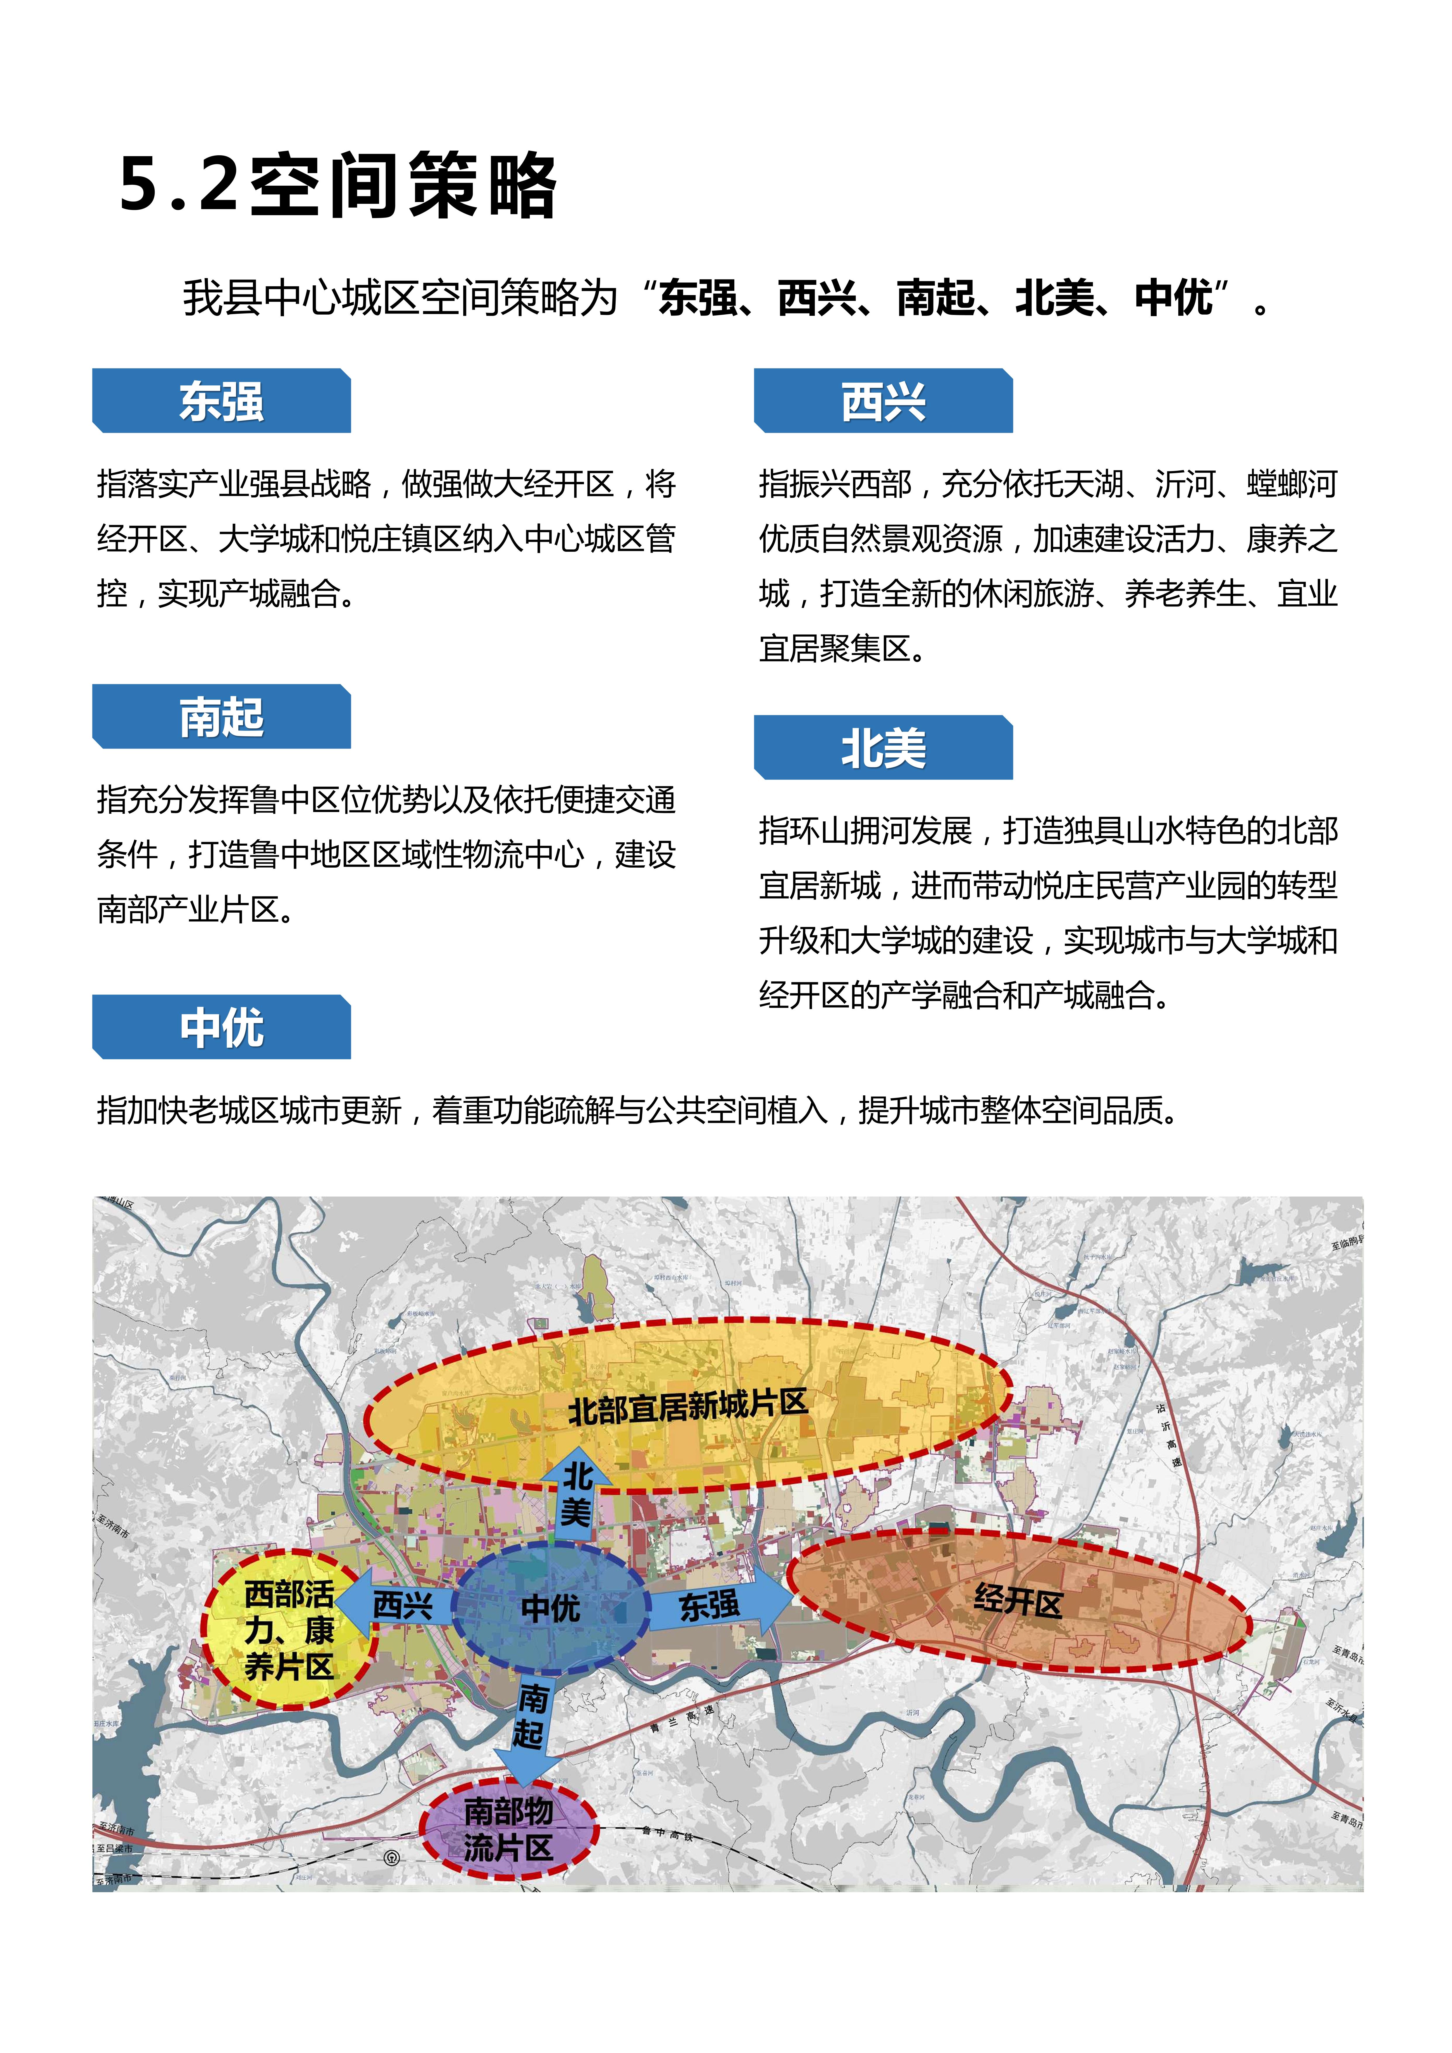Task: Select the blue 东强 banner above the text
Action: pos(222,401)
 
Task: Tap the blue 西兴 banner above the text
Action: pos(883,401)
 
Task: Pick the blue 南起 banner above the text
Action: pos(222,717)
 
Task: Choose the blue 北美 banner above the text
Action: pos(883,748)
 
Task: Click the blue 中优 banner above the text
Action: pos(222,1028)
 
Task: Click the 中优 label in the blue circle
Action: pos(551,1609)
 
